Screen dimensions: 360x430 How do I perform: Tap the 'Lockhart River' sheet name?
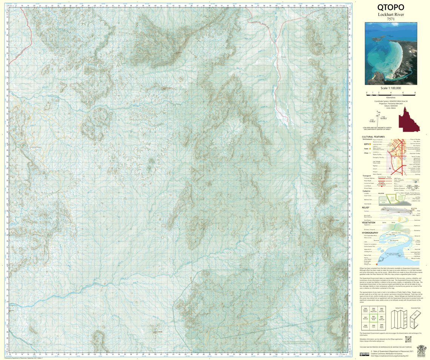click(391, 14)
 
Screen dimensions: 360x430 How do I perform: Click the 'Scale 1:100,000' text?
click(391, 88)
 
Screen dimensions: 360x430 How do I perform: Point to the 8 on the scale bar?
click(415, 93)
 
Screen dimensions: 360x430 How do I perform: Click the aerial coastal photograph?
click(391, 53)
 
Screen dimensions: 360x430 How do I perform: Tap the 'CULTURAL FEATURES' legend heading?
click(373, 137)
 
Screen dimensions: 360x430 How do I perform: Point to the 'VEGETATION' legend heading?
click(369, 222)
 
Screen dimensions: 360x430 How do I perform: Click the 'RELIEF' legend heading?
click(365, 207)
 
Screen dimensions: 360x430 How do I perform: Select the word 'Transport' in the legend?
click(367, 176)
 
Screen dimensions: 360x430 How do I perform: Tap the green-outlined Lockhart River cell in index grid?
click(373, 318)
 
